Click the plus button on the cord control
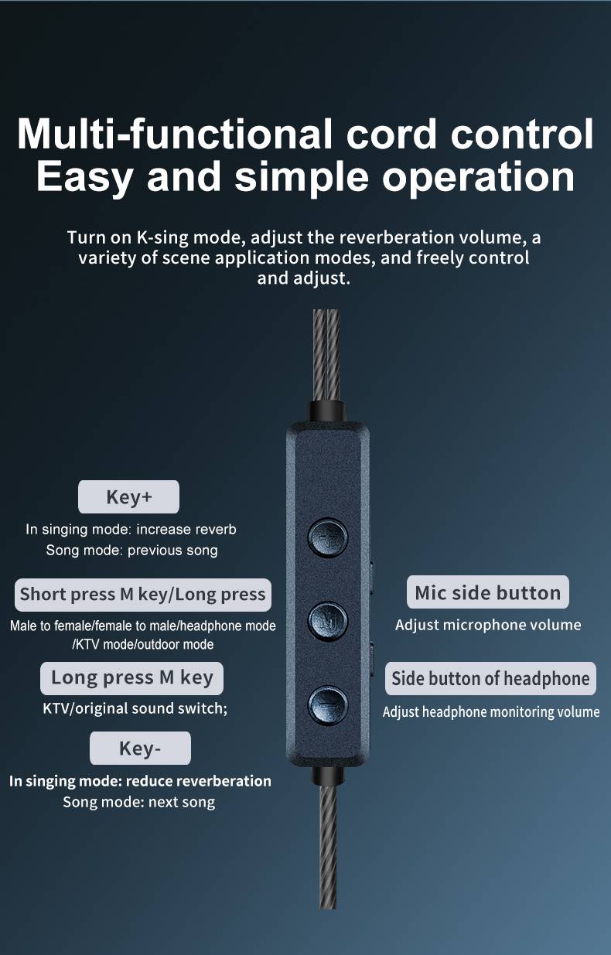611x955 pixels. (327, 537)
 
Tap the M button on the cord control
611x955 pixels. (327, 621)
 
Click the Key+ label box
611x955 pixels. (128, 496)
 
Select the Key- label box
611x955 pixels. (140, 749)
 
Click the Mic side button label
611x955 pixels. (488, 592)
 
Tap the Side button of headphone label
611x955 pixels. (490, 678)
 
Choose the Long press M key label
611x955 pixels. (131, 678)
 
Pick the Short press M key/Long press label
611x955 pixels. (143, 595)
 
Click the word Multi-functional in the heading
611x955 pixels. (174, 134)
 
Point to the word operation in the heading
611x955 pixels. (479, 177)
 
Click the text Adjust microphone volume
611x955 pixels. (488, 625)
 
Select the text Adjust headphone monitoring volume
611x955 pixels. (491, 712)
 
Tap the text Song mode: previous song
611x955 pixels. (131, 550)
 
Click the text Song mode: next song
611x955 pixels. (139, 803)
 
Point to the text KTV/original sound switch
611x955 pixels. (135, 708)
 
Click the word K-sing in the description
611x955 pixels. (163, 238)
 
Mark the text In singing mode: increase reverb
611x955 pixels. (131, 530)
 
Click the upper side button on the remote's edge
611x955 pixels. (371, 578)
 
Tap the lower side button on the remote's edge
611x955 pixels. (371, 660)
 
